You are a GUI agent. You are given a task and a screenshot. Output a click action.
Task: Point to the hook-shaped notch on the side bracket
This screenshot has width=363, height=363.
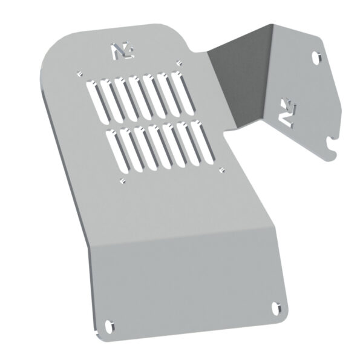coord(330,145)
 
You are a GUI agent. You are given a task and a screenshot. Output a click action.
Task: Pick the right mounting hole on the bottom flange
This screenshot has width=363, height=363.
coord(278,307)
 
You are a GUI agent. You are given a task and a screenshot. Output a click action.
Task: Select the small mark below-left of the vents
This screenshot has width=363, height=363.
coord(123,181)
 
